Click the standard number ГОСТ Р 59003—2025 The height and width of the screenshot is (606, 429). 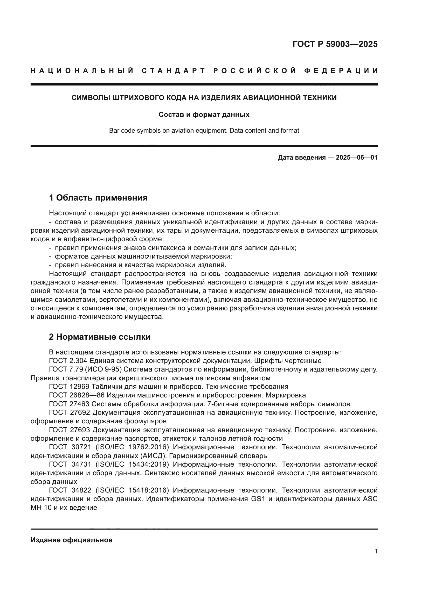point(335,44)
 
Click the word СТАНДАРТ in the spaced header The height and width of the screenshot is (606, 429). point(173,71)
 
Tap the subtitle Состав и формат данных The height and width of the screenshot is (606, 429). point(204,115)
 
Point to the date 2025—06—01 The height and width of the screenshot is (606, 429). point(357,158)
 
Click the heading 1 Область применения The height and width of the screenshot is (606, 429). point(98,198)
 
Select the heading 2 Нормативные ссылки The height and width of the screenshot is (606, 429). point(100,337)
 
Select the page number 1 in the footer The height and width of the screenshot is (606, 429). point(376,551)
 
